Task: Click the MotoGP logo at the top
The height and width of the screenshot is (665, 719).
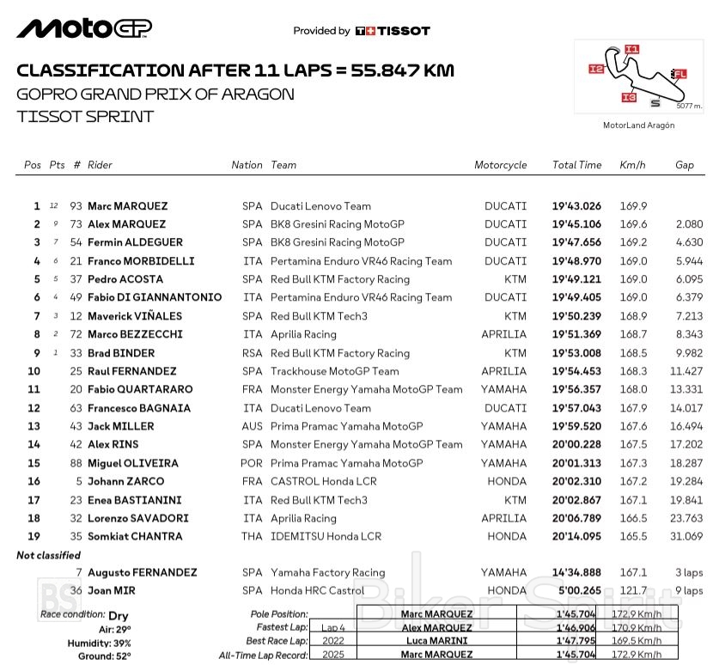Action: tap(84, 29)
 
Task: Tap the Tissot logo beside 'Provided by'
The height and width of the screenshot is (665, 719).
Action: tap(392, 31)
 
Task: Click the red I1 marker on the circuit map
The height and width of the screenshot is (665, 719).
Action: tap(631, 49)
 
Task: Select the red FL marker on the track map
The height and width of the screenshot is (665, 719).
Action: tap(679, 74)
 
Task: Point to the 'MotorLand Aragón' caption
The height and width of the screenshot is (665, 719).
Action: tap(638, 125)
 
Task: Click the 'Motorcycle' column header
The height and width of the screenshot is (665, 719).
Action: tap(500, 165)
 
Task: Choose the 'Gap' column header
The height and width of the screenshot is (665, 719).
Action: tap(684, 165)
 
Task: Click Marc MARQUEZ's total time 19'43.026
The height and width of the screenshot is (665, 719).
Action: tap(576, 206)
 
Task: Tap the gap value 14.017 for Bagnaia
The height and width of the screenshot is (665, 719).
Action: tap(686, 408)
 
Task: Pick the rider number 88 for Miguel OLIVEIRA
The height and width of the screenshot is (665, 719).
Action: tap(76, 463)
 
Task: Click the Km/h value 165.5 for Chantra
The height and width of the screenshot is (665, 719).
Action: tap(632, 536)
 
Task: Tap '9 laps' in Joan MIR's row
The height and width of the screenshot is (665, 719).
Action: tap(688, 590)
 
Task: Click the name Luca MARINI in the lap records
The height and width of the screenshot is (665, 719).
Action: tap(436, 640)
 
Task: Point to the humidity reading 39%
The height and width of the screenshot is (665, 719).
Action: tap(121, 643)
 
